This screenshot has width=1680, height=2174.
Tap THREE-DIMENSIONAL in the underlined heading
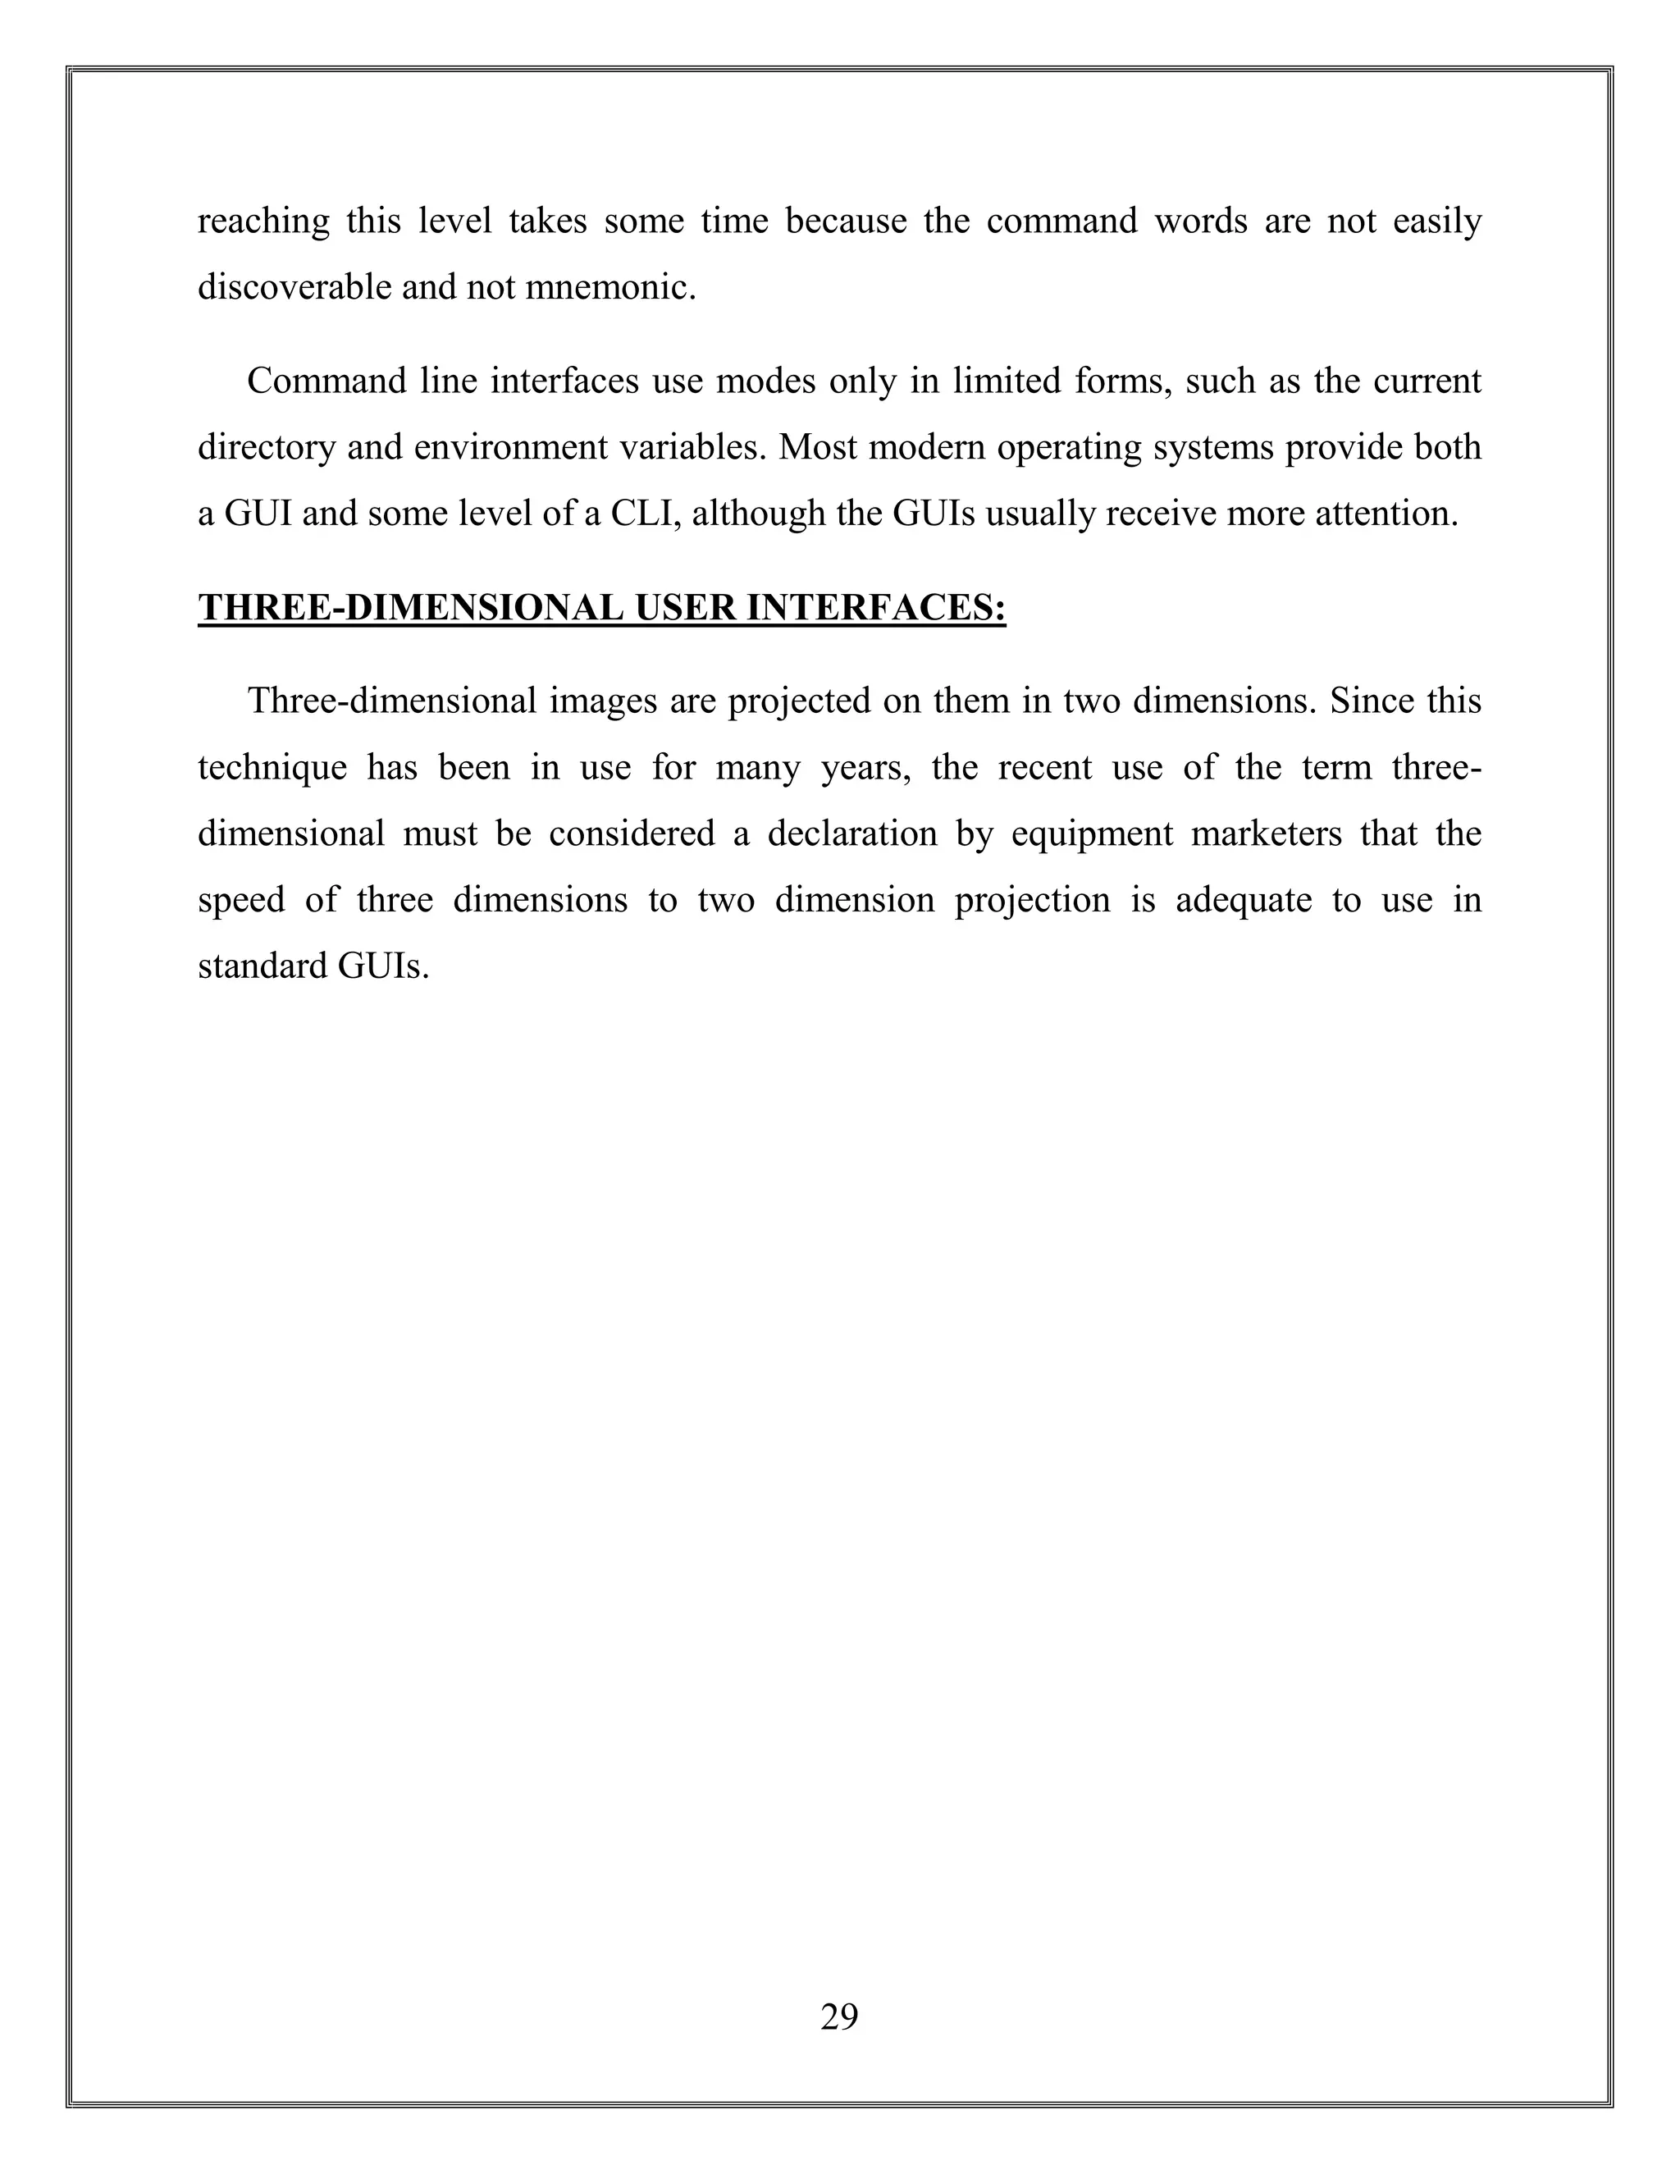click(410, 608)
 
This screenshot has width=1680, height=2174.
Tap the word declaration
click(852, 834)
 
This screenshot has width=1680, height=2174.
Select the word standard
click(262, 966)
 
